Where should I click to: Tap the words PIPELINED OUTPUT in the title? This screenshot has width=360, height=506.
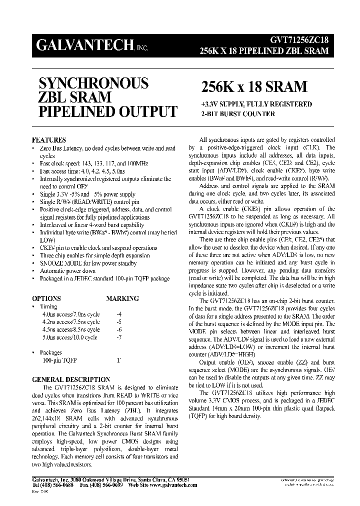(104, 111)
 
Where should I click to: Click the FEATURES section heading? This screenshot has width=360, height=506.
(48, 140)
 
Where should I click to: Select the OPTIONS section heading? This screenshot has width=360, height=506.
(46, 298)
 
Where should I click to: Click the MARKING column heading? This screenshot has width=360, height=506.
(122, 298)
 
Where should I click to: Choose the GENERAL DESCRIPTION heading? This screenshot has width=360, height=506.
(70, 379)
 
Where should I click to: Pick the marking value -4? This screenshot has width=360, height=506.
(118, 314)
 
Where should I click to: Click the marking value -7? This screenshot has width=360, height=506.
(118, 337)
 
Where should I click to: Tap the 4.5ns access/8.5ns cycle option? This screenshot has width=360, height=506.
(70, 329)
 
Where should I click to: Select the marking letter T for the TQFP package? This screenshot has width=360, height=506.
(118, 360)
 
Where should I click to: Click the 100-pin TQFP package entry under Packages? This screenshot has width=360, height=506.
(56, 360)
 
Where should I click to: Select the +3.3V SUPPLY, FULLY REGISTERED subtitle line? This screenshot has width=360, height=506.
(256, 104)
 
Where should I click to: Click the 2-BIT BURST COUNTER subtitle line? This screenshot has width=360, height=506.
(237, 114)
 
